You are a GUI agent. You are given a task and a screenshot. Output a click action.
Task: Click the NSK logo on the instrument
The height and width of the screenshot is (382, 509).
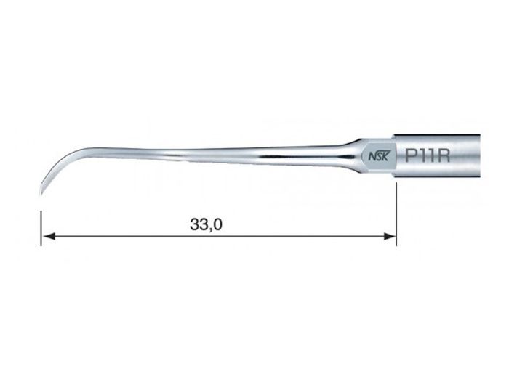tap(378, 157)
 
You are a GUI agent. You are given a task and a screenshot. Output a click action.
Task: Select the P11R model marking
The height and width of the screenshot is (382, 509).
tap(428, 155)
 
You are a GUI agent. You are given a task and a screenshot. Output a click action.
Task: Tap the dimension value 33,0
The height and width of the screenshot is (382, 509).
tap(206, 224)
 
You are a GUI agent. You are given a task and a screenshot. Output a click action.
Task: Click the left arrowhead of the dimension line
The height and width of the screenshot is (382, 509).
tap(48, 236)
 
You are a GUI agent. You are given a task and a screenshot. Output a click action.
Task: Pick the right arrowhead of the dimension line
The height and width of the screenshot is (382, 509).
tap(389, 236)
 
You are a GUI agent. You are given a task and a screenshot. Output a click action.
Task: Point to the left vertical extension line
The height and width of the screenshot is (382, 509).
tap(41, 228)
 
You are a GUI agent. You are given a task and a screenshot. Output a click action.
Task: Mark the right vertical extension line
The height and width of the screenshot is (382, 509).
tap(396, 214)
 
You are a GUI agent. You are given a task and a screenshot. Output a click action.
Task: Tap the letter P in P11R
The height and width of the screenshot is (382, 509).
tap(411, 155)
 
